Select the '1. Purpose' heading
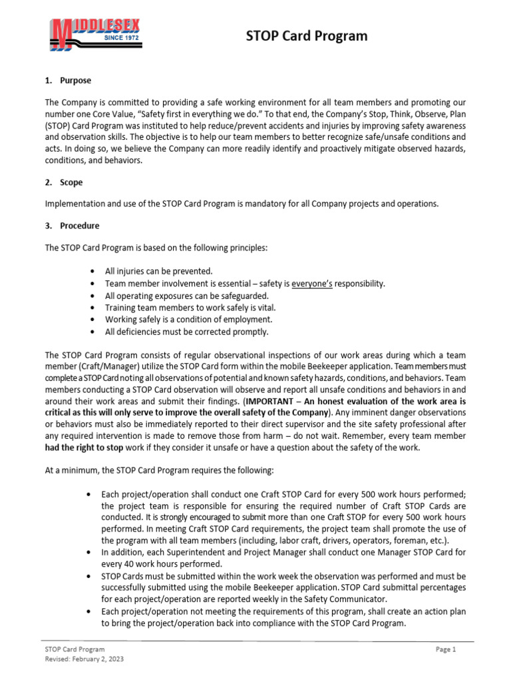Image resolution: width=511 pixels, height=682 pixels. [x=69, y=81]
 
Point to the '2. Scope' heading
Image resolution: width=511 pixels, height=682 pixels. [x=64, y=182]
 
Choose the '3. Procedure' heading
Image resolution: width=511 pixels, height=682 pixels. [x=72, y=226]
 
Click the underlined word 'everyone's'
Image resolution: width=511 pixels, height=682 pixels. [x=313, y=284]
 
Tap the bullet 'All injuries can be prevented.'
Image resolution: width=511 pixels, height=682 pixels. [x=159, y=272]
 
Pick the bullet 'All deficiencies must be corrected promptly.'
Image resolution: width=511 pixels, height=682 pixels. [x=187, y=332]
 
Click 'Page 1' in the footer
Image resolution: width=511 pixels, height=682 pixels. [x=446, y=649]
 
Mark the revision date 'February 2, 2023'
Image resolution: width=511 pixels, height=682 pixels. [x=98, y=659]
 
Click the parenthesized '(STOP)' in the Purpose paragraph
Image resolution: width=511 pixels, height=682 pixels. [x=60, y=125]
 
